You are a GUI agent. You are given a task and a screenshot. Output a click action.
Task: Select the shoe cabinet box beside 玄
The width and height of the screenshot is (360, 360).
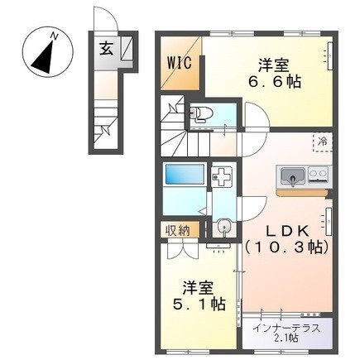(x=127, y=49)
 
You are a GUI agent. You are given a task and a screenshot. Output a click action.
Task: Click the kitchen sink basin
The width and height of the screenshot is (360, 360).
(x=291, y=175)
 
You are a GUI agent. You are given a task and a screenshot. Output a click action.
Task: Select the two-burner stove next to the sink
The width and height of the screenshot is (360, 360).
(x=317, y=174)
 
